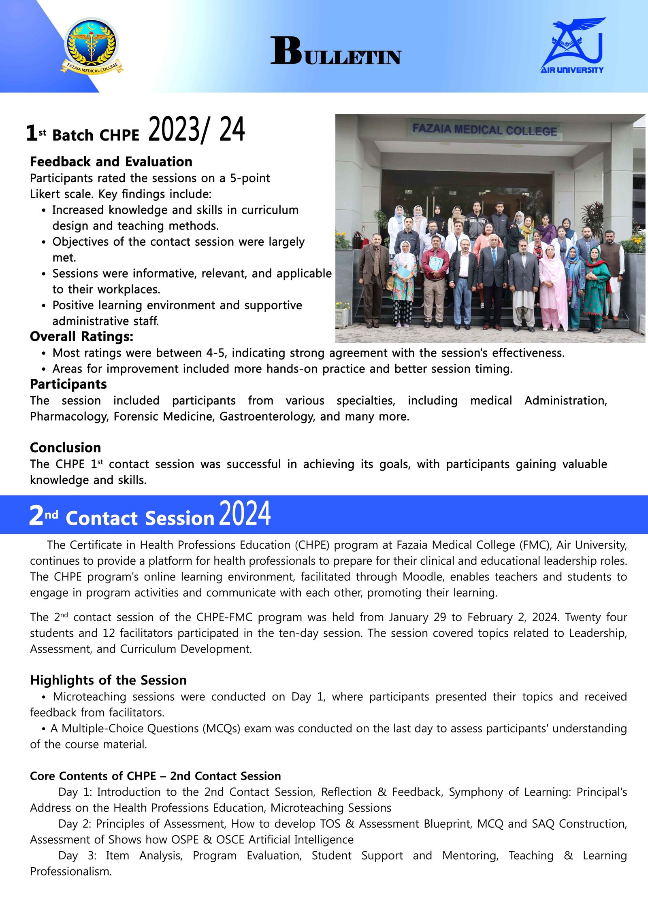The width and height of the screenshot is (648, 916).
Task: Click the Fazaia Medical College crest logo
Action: click(92, 45)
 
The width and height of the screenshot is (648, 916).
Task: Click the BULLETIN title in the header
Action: click(336, 51)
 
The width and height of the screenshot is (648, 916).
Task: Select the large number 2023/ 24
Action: click(196, 130)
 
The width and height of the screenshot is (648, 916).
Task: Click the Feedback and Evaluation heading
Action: click(111, 162)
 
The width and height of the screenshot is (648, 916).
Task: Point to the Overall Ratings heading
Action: click(81, 336)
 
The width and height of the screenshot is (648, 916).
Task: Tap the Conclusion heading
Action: click(66, 447)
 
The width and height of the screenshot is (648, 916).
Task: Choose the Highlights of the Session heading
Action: click(108, 680)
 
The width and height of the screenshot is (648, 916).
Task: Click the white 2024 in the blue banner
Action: click(245, 514)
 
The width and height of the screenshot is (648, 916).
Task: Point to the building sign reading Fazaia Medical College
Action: click(484, 130)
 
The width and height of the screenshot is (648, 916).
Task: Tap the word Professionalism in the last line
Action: click(70, 871)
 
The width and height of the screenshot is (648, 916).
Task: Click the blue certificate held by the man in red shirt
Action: click(435, 263)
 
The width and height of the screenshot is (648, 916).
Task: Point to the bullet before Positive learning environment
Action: click(43, 306)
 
